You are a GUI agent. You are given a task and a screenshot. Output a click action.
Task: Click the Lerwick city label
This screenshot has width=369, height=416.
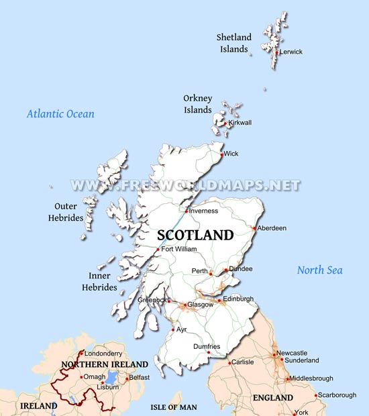291,52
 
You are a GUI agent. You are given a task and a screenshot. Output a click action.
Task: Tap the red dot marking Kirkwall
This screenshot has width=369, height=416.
226,123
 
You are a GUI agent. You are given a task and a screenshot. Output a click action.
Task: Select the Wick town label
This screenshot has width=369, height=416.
231,154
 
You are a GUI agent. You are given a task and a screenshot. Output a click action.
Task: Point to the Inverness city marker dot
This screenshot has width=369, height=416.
187,211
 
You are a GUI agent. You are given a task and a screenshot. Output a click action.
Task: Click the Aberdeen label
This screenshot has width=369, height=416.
271,228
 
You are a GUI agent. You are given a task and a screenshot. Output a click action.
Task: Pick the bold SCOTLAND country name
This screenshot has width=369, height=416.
195,236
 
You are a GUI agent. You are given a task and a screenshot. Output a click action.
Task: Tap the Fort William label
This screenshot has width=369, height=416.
179,249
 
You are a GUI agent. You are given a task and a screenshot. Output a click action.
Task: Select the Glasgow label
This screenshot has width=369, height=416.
200,305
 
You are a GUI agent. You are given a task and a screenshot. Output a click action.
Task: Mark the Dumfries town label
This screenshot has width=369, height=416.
206,346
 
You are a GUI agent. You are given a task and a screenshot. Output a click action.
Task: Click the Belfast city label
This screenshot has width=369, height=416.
139,378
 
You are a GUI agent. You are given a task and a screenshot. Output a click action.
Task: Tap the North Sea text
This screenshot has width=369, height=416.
320,270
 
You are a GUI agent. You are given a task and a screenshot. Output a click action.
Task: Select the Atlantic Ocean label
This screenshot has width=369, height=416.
60,114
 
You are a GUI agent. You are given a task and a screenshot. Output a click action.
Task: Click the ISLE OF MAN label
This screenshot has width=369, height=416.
173,407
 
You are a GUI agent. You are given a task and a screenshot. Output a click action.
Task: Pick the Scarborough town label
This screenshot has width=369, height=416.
336,395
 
